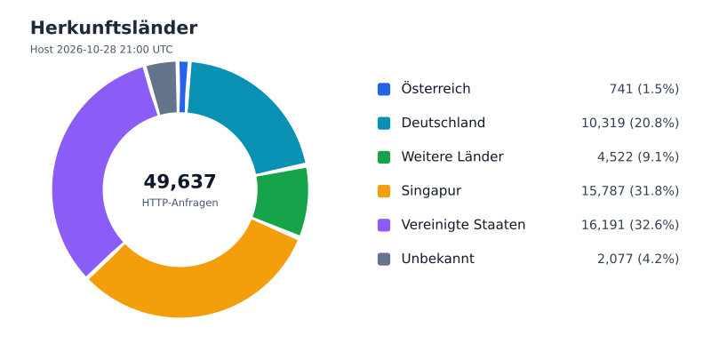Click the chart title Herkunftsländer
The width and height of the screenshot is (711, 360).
pos(114,28)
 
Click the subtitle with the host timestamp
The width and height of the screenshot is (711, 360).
pos(101,50)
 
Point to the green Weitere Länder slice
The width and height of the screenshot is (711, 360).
pos(282,200)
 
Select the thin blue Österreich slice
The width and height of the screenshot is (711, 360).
pos(183,86)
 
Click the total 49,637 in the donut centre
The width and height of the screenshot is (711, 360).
pos(180,181)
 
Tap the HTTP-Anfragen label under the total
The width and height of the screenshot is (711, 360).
pos(180,203)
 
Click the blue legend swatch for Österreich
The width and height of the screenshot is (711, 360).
pos(384,89)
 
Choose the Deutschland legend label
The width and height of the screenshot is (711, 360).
pos(443,123)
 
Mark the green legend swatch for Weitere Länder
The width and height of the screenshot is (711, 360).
pos(384,156)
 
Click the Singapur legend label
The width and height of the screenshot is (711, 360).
pos(431,191)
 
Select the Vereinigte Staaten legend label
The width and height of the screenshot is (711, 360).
pos(463,225)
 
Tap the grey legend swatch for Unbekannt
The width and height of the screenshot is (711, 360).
pos(384,259)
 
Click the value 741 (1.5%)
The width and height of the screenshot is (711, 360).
pos(643,89)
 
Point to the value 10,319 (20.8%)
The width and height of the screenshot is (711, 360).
pos(630,123)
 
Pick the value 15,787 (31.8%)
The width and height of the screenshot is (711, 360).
pos(630,191)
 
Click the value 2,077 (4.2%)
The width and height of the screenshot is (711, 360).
pos(638,259)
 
